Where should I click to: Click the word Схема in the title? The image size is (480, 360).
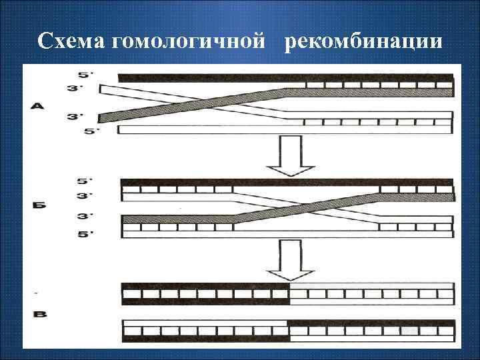click(x=73, y=41)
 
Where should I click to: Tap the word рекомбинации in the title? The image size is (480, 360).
click(x=363, y=41)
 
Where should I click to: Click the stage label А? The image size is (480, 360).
click(x=38, y=105)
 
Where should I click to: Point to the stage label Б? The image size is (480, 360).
click(x=39, y=206)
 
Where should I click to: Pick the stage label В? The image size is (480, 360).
click(x=39, y=313)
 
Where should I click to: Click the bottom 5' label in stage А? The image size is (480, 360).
click(x=92, y=131)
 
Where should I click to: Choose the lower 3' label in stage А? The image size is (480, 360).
click(x=75, y=117)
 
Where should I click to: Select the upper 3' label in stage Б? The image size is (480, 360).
click(x=83, y=195)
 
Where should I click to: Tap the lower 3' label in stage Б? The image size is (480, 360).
click(x=83, y=217)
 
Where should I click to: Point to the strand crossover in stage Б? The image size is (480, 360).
click(x=306, y=205)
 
